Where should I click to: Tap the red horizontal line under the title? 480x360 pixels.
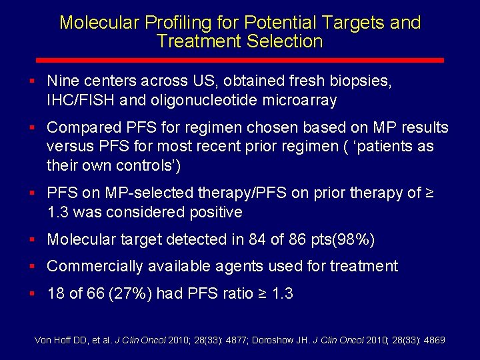pos(240,60)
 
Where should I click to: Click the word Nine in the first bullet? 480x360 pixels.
pos(63,81)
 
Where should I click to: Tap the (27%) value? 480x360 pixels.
pos(127,294)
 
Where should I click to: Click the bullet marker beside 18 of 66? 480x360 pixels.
pos(32,293)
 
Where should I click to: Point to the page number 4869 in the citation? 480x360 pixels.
pos(433,340)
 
